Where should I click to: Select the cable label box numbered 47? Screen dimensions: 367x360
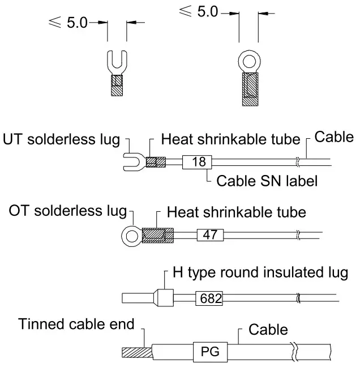pos(209,234)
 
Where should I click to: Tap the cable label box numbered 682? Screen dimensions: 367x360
pos(209,298)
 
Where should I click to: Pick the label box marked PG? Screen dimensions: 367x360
pos(210,353)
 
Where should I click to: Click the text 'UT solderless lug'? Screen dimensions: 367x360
pos(61,139)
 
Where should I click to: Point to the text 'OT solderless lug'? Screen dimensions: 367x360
pos(67,211)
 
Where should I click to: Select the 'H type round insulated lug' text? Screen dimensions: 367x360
pos(259,273)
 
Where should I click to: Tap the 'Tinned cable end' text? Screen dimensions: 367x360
pos(76,325)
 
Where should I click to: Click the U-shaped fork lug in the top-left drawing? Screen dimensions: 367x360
pos(117,61)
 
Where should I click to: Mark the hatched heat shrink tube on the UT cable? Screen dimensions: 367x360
pos(156,162)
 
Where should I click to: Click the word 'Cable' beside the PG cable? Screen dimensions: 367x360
pos(268,329)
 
